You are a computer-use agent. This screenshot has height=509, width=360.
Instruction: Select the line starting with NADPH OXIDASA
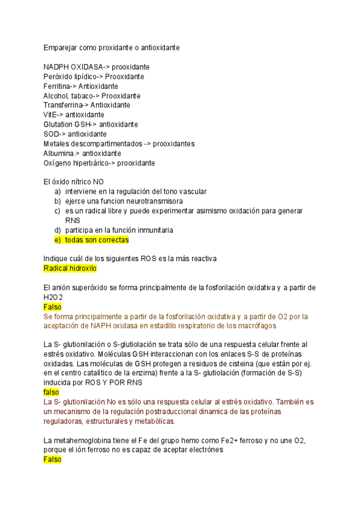coord(96,67)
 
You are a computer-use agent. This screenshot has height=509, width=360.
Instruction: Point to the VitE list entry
coord(50,115)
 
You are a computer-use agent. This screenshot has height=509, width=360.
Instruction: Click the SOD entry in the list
coord(51,134)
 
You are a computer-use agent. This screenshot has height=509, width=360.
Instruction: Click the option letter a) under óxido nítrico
coord(58,191)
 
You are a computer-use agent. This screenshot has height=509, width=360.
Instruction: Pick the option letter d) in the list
coord(58,230)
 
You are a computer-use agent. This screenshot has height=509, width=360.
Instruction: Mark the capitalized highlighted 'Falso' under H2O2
coord(53,307)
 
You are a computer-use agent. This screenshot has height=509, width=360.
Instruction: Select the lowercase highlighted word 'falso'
coord(52,392)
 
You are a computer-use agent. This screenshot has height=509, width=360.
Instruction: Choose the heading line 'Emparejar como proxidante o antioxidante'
coord(111,47)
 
